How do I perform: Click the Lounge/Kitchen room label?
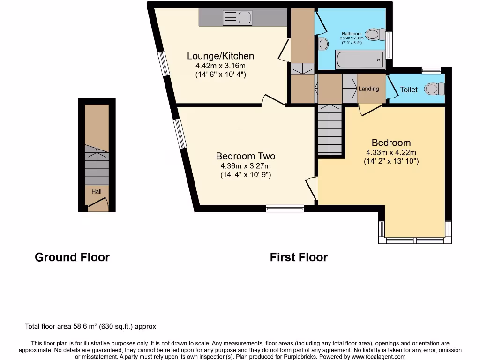click(220, 56)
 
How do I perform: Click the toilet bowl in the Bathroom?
click(374, 34)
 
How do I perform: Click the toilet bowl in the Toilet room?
click(434, 89)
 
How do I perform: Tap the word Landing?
click(368, 89)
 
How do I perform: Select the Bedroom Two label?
click(245, 156)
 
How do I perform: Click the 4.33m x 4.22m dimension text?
click(391, 152)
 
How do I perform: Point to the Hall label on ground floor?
click(97, 191)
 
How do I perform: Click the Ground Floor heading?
click(72, 257)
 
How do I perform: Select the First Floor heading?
click(299, 257)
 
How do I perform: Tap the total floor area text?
click(90, 326)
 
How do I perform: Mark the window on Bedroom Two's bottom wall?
click(285, 209)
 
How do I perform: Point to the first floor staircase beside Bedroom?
click(330, 130)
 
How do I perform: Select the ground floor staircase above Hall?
click(97, 166)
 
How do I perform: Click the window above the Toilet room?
click(431, 70)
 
